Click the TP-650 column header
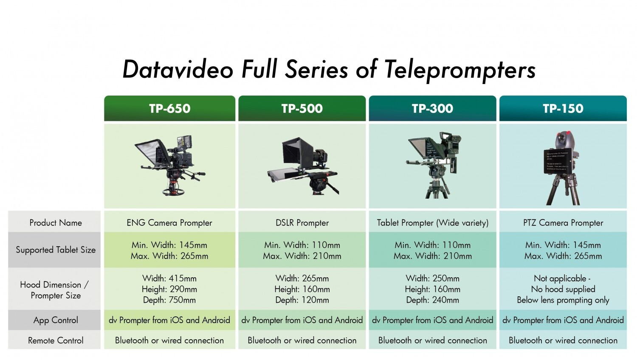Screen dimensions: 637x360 coord(169,108)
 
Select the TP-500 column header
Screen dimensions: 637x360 coord(302,108)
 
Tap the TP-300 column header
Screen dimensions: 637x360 coord(433,108)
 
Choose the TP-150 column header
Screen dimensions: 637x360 coord(563,108)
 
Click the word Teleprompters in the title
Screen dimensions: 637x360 coord(460,70)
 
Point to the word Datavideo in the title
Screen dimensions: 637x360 coord(178,69)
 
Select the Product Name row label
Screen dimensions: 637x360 coord(56,222)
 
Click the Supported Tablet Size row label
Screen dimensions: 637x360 coord(56,250)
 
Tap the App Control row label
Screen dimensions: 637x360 coord(56,320)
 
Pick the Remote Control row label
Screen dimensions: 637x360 coord(56,340)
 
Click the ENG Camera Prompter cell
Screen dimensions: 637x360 coord(169,222)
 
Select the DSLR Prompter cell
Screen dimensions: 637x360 coord(302,222)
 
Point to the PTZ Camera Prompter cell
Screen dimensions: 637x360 coord(563,222)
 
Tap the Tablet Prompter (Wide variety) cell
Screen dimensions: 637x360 coord(433,222)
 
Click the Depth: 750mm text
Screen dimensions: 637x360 coord(169,300)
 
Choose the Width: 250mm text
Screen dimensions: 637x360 coord(433,278)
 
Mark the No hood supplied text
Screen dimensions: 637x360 coord(563,289)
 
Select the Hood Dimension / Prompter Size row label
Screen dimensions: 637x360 coord(55,290)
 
